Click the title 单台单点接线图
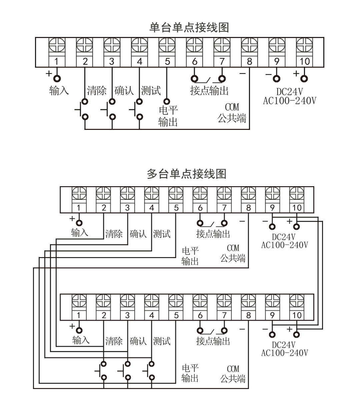pyautogui.click(x=189, y=27)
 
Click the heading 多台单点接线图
pyautogui.click(x=187, y=174)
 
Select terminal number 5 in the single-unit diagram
pyautogui.click(x=167, y=61)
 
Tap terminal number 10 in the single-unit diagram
pyautogui.click(x=305, y=61)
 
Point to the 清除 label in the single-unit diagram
pyautogui.click(x=96, y=91)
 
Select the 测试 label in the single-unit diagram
pyautogui.click(x=151, y=91)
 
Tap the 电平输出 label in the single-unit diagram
pyautogui.click(x=168, y=116)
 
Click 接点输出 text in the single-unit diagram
pyautogui.click(x=209, y=91)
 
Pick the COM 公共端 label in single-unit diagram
pyautogui.click(x=232, y=113)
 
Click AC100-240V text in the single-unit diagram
pyautogui.click(x=289, y=101)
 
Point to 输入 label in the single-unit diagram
pyautogui.click(x=59, y=91)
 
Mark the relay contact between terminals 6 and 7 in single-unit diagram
pyautogui.click(x=208, y=79)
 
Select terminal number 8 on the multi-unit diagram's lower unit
pyautogui.click(x=248, y=315)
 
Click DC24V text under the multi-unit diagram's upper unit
pyautogui.click(x=284, y=237)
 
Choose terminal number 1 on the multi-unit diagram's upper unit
pyautogui.click(x=79, y=208)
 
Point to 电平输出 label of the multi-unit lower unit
pyautogui.click(x=190, y=373)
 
